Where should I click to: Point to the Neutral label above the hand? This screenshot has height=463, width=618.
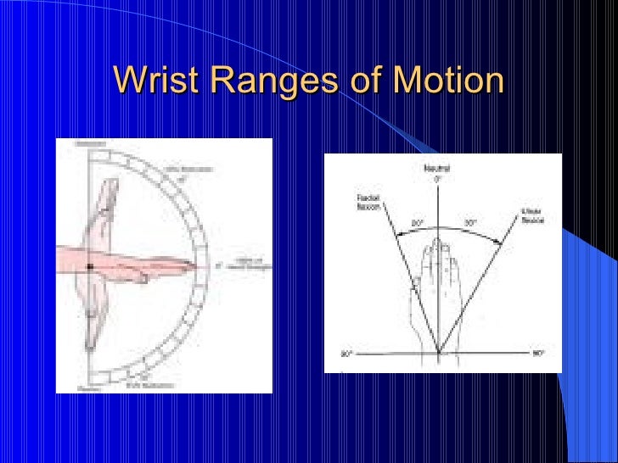[438, 170]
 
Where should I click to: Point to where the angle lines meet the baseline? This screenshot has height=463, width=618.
[438, 353]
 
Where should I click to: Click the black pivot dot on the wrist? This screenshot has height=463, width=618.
[89, 267]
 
